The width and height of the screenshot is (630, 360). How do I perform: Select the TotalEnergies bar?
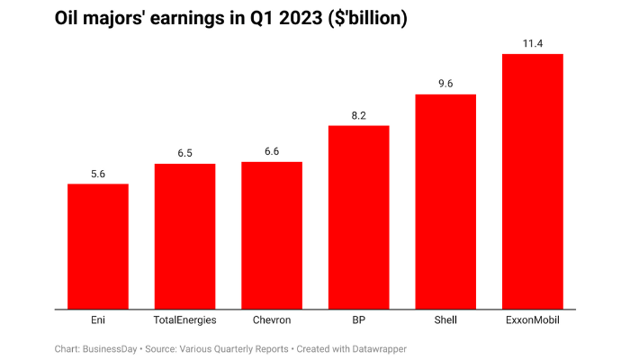[x=184, y=236]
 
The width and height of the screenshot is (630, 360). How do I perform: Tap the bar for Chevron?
[x=272, y=236]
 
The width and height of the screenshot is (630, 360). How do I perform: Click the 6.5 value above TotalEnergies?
[x=184, y=154]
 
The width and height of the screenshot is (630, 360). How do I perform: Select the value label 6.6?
[x=272, y=152]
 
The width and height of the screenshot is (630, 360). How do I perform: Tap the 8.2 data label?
[x=358, y=116]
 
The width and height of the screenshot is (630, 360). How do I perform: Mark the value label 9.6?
[x=445, y=84]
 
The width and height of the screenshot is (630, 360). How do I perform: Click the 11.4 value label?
[x=532, y=43]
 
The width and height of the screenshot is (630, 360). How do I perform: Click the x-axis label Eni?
[x=98, y=319]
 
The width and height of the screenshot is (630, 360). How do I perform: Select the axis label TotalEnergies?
[x=184, y=319]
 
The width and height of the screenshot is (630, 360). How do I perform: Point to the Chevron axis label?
[x=272, y=319]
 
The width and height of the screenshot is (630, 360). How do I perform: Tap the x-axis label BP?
[x=358, y=319]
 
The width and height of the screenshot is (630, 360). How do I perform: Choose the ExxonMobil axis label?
[x=532, y=319]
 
